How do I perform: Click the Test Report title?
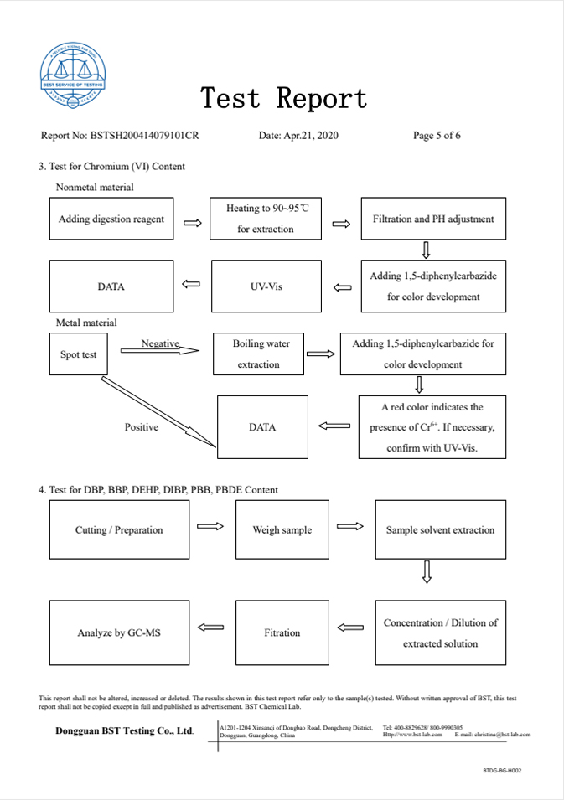coord(283,99)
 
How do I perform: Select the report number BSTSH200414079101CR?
coord(144,136)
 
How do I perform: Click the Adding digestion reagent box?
coord(111,219)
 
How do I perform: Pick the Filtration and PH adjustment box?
coord(433,219)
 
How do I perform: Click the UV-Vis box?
coord(266,286)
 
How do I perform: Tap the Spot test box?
coord(78,354)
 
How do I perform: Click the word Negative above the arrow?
coord(161,343)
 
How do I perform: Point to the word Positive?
coord(142,427)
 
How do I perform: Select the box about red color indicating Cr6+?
coord(432,427)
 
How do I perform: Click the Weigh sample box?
coord(282,529)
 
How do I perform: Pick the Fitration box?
coord(282,632)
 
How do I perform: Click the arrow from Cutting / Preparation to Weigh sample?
coord(210,526)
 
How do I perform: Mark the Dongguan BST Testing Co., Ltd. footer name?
coord(124,731)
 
